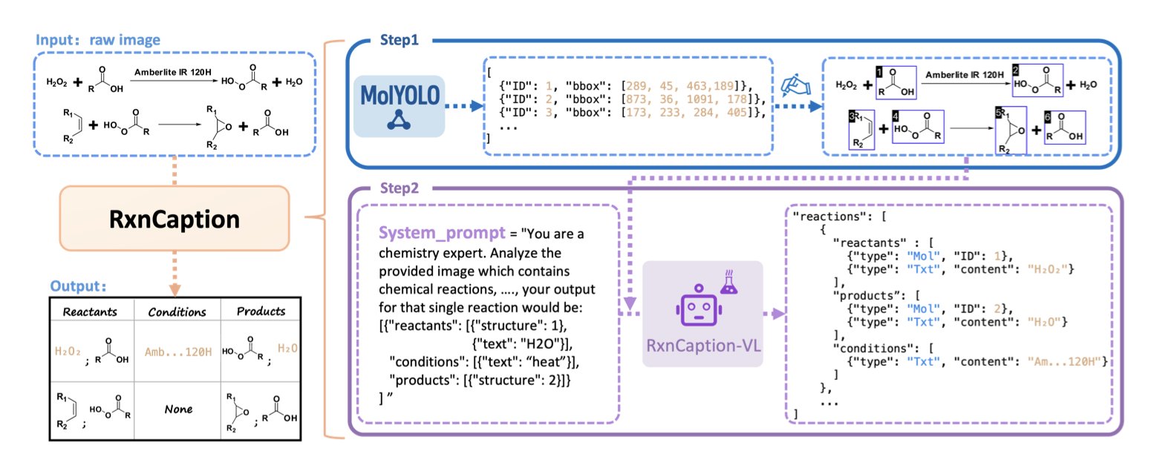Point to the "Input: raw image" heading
tap(97, 39)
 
